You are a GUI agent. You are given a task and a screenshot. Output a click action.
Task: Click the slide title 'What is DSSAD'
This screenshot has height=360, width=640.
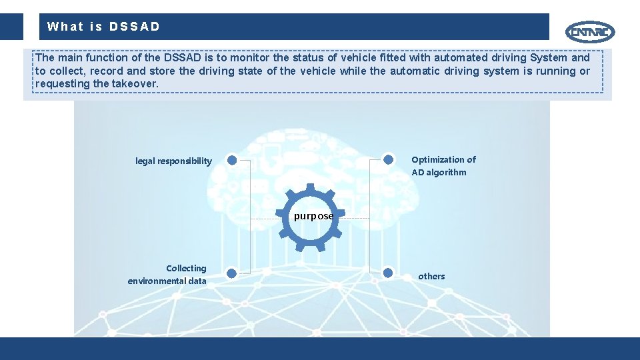(x=103, y=27)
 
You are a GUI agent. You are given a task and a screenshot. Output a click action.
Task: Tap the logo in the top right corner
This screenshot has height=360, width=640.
(x=590, y=31)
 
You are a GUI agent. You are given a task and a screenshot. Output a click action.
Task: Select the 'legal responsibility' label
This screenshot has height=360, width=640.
(x=173, y=161)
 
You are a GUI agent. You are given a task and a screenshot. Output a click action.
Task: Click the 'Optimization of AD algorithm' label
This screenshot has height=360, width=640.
(x=443, y=166)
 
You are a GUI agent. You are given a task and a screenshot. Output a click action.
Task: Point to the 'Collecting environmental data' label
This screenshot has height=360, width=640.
(x=167, y=275)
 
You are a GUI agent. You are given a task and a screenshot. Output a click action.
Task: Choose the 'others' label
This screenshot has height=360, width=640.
(x=431, y=276)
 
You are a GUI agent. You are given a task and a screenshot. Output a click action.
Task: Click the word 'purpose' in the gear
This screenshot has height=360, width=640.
(x=313, y=216)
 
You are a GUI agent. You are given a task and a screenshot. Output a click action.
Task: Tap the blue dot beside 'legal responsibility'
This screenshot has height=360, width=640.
(x=231, y=160)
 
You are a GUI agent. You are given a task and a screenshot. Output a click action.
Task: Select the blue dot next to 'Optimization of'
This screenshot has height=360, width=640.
(x=388, y=159)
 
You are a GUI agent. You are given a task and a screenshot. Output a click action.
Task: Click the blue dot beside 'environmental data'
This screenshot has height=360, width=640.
(x=231, y=273)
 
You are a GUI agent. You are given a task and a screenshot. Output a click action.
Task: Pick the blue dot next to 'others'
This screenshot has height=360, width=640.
(x=388, y=271)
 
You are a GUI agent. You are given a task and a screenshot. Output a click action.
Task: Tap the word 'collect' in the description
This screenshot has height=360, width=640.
(x=67, y=71)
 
